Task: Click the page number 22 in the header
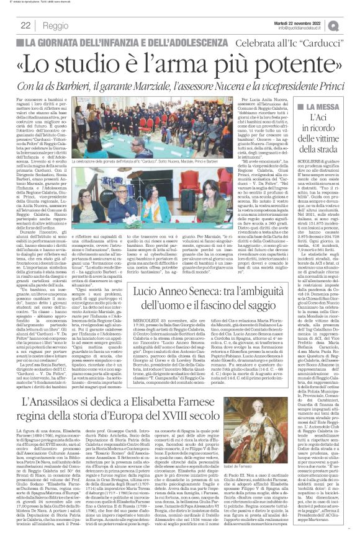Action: tap(25, 25)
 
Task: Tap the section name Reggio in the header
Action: tap(56, 25)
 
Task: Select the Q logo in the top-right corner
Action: tap(351, 25)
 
